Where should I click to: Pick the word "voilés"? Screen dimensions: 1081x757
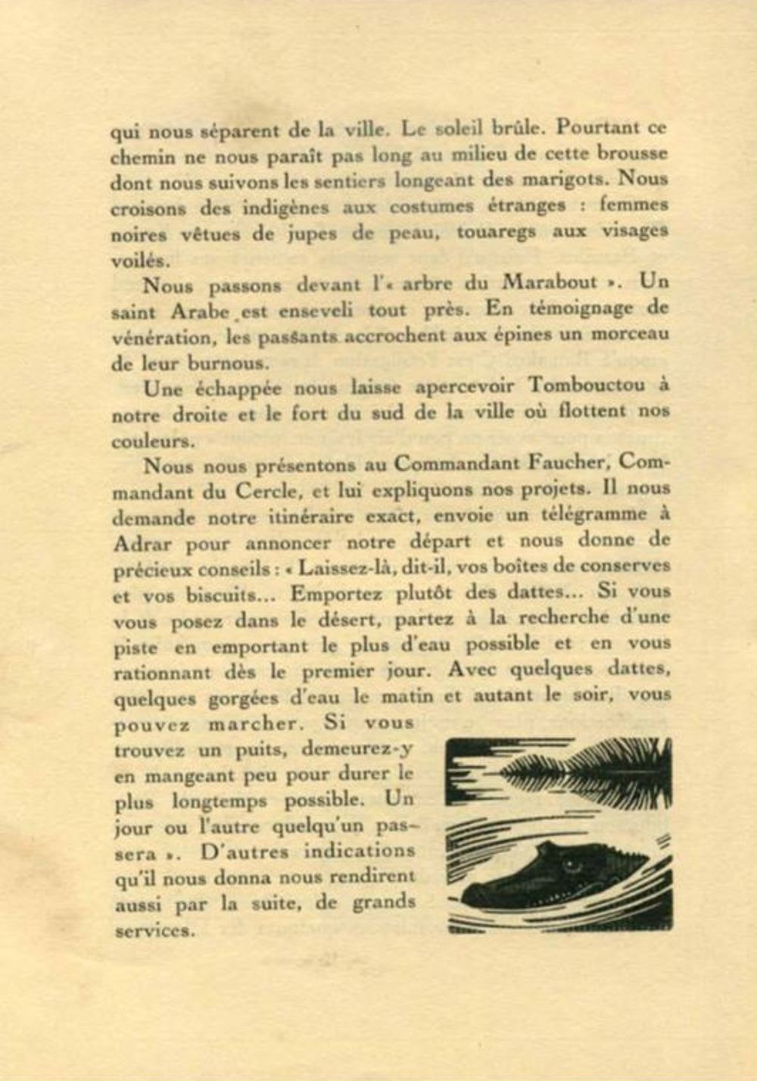[x=139, y=260]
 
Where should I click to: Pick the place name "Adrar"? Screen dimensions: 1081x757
[x=142, y=544]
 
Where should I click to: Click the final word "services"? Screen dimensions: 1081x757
[x=154, y=931]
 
